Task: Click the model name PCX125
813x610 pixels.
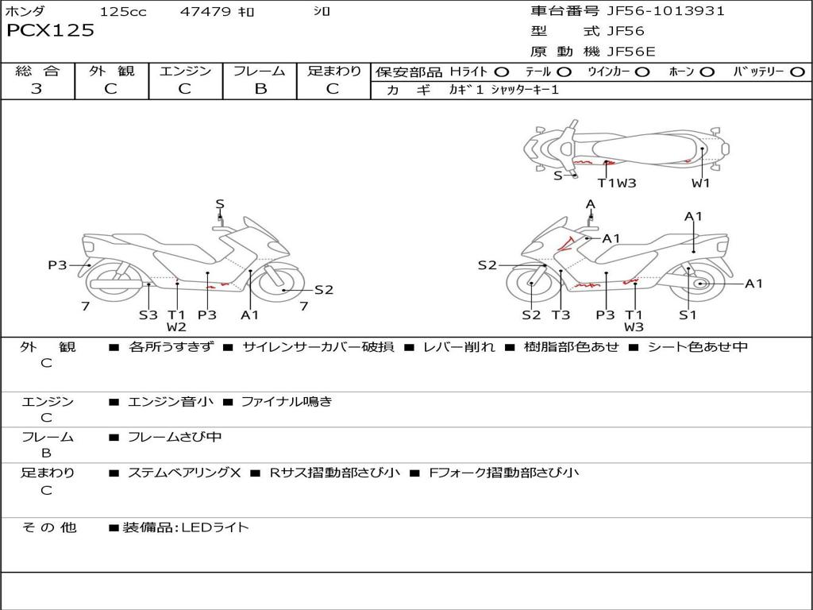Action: click(50, 31)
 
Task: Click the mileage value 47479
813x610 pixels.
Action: click(206, 12)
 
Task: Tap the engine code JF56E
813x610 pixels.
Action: click(631, 52)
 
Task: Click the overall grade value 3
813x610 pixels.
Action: click(37, 89)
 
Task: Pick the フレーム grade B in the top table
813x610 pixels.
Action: click(260, 89)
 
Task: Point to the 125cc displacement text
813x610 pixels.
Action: click(123, 12)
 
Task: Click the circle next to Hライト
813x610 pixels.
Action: click(502, 72)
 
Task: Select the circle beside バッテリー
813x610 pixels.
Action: click(797, 72)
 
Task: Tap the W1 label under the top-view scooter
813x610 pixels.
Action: click(700, 183)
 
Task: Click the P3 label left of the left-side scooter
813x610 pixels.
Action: click(57, 265)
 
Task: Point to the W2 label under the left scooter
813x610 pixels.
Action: click(176, 327)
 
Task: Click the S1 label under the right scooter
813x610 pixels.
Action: click(688, 315)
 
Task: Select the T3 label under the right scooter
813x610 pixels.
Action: click(561, 315)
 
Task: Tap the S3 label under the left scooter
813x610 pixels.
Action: click(148, 315)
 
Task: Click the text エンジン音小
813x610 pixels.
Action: click(171, 402)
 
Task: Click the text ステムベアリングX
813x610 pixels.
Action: click(184, 473)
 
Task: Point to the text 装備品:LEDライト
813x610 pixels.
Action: click(186, 527)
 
